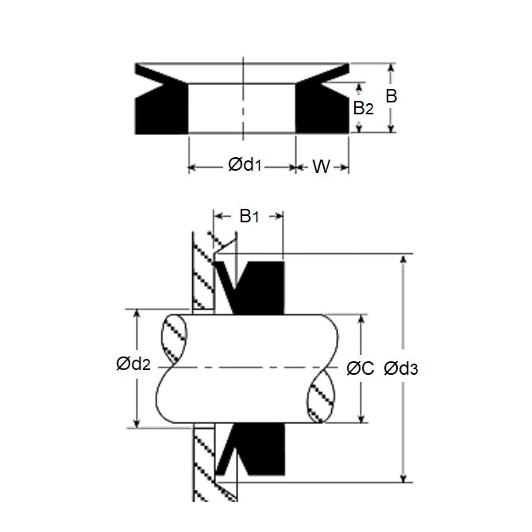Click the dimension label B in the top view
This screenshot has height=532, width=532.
click(391, 97)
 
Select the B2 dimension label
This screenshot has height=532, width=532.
click(363, 108)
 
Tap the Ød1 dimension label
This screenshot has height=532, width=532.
click(245, 165)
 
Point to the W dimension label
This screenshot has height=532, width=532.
click(321, 166)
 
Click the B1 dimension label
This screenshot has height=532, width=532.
click(249, 216)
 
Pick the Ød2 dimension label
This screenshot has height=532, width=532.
click(133, 365)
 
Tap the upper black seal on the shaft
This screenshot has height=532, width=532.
click(258, 286)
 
